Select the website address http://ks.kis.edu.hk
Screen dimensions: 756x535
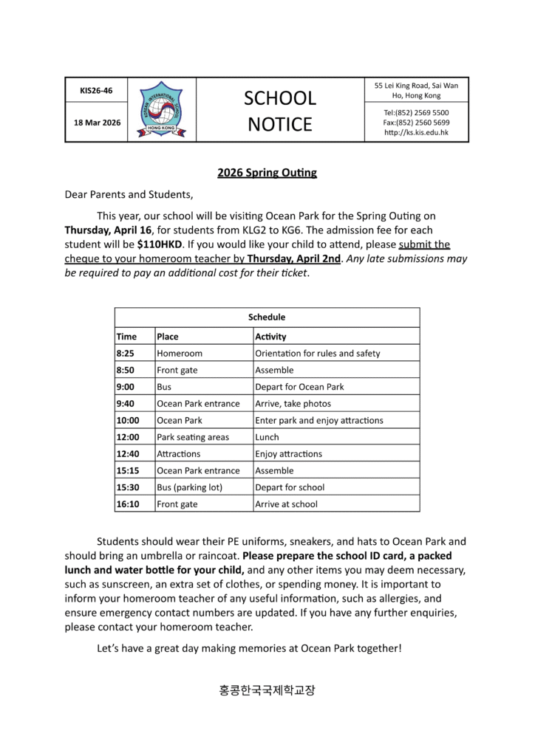[x=417, y=133]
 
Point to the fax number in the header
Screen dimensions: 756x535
[x=416, y=123]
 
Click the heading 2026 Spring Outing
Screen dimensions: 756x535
[x=267, y=173]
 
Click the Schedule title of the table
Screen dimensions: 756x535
[x=267, y=317]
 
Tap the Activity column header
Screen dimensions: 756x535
[x=270, y=337]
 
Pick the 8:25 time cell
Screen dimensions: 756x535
[x=126, y=354]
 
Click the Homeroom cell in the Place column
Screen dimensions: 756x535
[x=179, y=354]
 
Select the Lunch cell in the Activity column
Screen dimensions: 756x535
[x=267, y=437]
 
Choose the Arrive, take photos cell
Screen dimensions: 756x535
[x=293, y=404]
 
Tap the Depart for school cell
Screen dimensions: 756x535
[x=290, y=487]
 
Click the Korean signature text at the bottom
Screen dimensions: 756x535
[x=267, y=691]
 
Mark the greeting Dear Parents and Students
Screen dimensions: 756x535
[x=129, y=195]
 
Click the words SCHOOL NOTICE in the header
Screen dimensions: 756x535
[x=280, y=111]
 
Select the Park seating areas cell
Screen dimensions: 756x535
[x=193, y=437]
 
